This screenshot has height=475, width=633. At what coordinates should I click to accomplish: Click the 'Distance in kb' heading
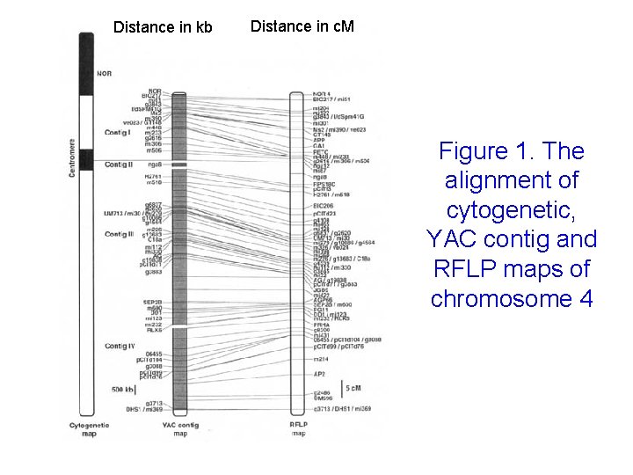[x=163, y=27]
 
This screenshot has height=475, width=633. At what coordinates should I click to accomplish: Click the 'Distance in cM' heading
[x=302, y=26]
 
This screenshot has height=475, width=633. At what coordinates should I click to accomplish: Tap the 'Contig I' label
[x=118, y=132]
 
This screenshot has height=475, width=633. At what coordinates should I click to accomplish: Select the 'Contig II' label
[x=119, y=164]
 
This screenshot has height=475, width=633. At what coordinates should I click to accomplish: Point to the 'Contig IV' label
[x=120, y=347]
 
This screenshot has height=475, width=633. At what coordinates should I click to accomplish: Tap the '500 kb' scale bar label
[x=123, y=389]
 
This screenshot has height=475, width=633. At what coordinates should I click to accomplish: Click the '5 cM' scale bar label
[x=353, y=388]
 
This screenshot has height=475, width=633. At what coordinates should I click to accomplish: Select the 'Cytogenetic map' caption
[x=88, y=429]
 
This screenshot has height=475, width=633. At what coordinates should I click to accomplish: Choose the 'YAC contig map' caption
[x=180, y=429]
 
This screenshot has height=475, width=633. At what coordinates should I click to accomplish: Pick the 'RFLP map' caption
[x=299, y=429]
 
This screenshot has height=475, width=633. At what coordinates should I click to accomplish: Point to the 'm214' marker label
[x=322, y=359]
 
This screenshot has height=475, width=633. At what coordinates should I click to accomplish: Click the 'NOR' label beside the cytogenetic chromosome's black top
[x=105, y=73]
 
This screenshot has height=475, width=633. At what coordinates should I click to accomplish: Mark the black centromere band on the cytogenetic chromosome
[x=86, y=158]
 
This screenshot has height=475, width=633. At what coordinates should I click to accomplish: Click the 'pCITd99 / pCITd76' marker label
[x=339, y=347]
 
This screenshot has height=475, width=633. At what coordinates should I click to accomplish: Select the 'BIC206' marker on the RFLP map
[x=324, y=206]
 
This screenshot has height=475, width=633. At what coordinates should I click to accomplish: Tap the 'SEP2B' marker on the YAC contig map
[x=149, y=300]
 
